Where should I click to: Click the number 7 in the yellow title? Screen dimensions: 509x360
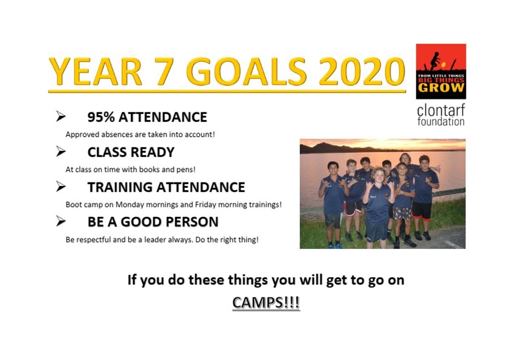(x=164, y=71)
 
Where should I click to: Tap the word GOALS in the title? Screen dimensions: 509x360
(x=246, y=71)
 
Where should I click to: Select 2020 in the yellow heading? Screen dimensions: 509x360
(x=362, y=71)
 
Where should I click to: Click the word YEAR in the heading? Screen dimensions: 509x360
(x=95, y=71)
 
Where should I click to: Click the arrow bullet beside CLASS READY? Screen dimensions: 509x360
(x=61, y=151)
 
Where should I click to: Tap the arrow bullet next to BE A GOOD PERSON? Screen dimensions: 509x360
(x=61, y=221)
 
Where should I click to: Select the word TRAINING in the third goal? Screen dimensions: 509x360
(x=120, y=187)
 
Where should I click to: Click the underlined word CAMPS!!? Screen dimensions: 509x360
(x=266, y=303)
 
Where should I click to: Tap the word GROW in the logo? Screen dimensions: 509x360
(x=441, y=88)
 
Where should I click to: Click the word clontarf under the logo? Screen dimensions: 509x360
(x=441, y=110)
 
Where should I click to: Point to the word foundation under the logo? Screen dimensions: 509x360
(x=441, y=122)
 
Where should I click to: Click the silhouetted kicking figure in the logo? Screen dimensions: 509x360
(x=435, y=61)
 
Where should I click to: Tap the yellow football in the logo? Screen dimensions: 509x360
(x=443, y=65)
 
